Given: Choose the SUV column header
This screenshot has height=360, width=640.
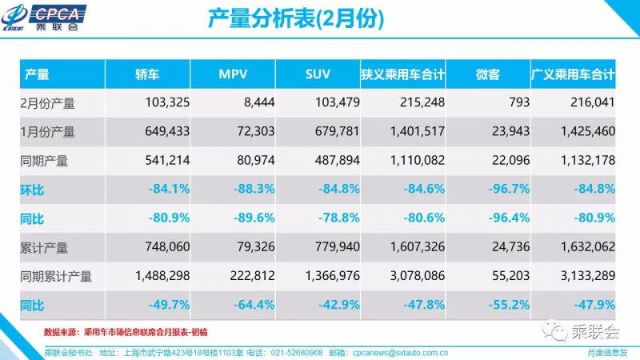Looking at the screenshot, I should click(318, 74).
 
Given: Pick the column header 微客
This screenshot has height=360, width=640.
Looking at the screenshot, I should click(487, 74).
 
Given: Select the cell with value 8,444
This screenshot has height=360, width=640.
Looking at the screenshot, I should click(255, 103).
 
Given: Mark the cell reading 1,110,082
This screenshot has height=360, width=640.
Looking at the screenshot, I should click(414, 161).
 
